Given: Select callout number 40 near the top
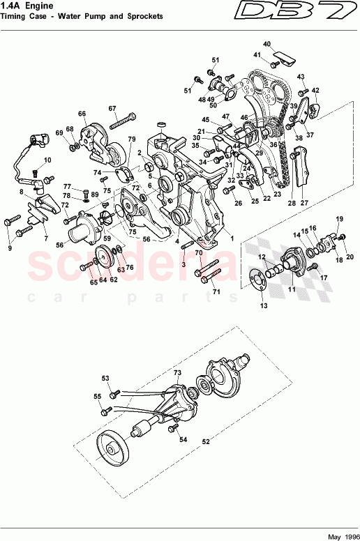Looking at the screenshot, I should click(267, 44).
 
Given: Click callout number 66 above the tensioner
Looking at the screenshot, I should click(82, 114).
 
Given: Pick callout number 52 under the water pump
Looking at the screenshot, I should click(206, 441).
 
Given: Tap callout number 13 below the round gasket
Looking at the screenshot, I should click(263, 305).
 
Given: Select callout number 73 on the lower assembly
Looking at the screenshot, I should click(177, 374).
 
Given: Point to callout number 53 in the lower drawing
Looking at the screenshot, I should click(106, 379).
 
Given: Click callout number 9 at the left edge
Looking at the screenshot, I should click(10, 247).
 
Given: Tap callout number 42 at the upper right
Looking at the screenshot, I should click(315, 90).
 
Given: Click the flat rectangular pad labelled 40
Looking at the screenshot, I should click(283, 56).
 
